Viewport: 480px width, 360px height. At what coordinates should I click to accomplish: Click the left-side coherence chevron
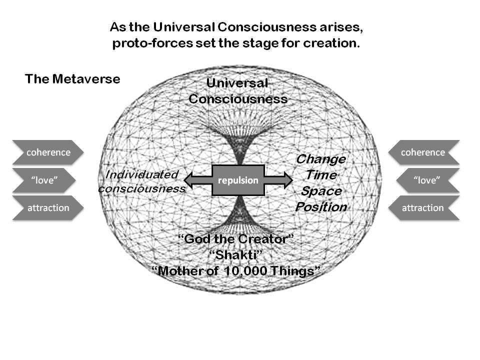point(48,152)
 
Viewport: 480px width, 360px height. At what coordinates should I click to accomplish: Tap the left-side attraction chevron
point(48,208)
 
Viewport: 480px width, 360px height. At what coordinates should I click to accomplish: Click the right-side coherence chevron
point(423,152)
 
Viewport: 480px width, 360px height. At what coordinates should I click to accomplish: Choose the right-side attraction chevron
point(423,208)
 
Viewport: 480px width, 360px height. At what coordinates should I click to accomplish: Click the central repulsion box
point(238,180)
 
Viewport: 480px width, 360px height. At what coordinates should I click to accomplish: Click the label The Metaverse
point(72,79)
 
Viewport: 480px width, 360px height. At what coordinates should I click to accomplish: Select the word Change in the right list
point(321,159)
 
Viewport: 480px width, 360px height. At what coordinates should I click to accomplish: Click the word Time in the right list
point(321,175)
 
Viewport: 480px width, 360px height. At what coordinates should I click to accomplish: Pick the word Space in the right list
point(321,191)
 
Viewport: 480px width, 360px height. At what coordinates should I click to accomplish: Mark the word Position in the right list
point(321,206)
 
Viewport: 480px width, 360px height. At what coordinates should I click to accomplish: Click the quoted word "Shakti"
point(236,255)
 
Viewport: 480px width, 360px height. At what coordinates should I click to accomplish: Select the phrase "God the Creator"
point(236,239)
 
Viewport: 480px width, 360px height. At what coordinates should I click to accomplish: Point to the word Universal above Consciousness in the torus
point(237,83)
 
